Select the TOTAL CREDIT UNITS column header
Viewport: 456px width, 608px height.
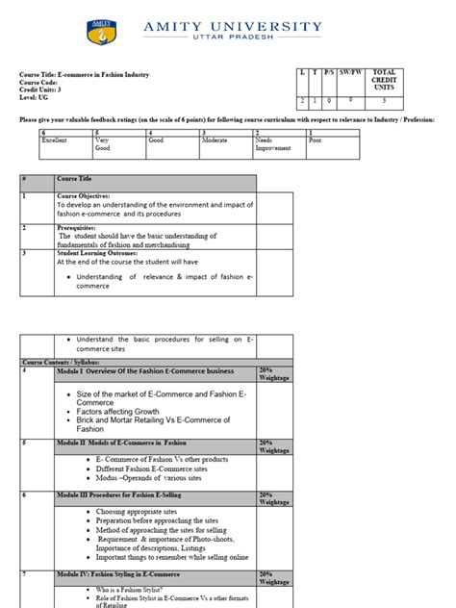pos(384,80)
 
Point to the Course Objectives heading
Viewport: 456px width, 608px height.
pos(85,195)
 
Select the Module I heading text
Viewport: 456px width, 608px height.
pos(144,370)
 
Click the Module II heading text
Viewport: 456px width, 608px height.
pos(121,443)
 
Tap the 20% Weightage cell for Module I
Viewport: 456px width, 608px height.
pos(272,374)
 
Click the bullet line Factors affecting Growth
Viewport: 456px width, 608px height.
pos(131,411)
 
